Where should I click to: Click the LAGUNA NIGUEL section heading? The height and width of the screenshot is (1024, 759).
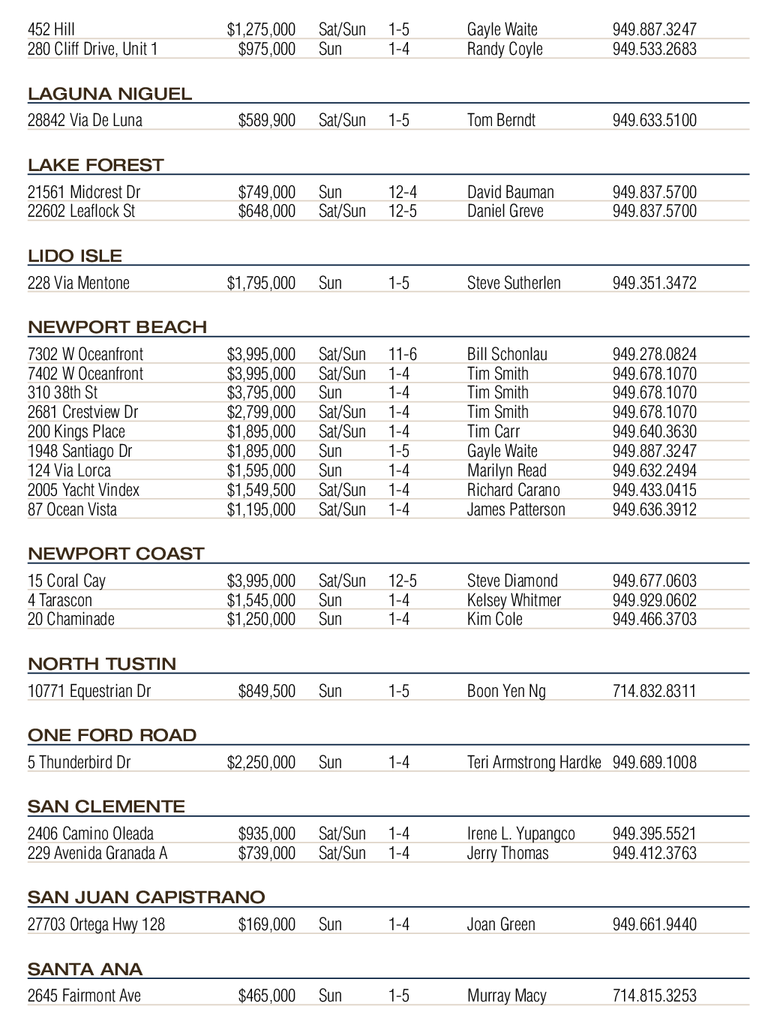109,95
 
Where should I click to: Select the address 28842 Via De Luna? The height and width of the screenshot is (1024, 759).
85,120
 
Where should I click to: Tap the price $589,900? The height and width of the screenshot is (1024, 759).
266,120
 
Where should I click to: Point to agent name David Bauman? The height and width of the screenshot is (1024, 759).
510,192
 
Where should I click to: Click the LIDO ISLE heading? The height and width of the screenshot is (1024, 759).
75,257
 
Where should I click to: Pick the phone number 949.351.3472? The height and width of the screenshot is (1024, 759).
654,283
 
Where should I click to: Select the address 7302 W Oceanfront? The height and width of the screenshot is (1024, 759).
85,354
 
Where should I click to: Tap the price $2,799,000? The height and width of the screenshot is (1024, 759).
261,412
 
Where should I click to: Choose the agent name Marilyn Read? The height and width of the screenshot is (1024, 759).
506,470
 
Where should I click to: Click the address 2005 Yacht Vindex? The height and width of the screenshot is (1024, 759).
83,490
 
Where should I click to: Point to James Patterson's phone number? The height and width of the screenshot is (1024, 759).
654,509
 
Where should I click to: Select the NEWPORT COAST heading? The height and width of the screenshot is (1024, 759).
115,554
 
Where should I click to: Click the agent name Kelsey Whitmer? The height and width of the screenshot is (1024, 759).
514,600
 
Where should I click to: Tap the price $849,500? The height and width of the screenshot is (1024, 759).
266,691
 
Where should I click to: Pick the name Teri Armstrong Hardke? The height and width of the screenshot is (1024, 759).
534,762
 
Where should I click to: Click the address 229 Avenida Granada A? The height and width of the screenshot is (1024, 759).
97,853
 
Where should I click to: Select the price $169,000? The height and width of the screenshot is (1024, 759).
266,924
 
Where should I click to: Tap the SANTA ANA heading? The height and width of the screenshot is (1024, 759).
85,970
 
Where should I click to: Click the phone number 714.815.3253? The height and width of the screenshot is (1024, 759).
654,996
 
